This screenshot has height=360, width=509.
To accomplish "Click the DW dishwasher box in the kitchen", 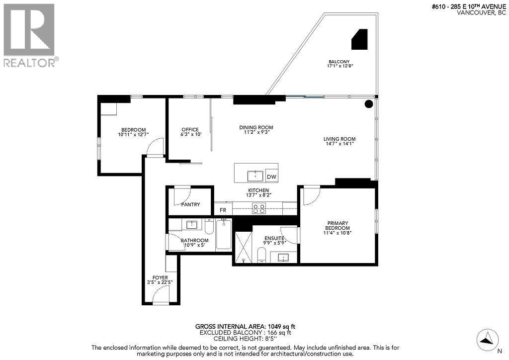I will (x=271, y=177).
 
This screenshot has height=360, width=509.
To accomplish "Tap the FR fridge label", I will (x=224, y=210).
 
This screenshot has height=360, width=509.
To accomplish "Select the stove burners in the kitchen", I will (x=259, y=209).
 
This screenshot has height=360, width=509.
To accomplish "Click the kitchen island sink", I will (x=255, y=176).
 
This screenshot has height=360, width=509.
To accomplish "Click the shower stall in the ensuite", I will (x=243, y=246).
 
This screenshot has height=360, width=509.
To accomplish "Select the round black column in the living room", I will (x=369, y=104).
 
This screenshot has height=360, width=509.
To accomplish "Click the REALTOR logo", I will (x=30, y=35).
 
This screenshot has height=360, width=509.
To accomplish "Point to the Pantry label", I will (x=190, y=204).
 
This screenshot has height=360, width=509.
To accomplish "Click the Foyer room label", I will (x=160, y=277).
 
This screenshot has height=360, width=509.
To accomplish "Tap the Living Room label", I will (x=339, y=139).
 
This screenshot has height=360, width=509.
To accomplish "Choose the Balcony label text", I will (x=339, y=62).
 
